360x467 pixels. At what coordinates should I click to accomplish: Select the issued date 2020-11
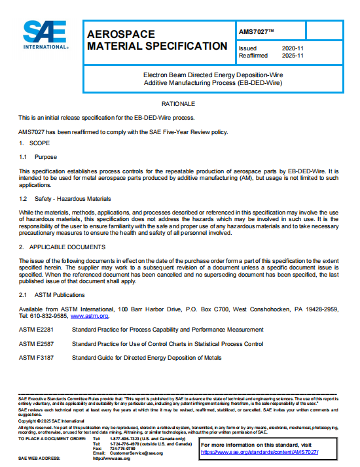[x=292, y=48]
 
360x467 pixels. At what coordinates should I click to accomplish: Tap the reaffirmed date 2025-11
[x=292, y=56]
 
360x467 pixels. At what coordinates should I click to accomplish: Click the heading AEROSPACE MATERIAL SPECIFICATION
[x=157, y=40]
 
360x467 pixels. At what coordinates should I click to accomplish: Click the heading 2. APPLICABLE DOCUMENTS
[x=62, y=247]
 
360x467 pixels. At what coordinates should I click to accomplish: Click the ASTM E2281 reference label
[x=36, y=329]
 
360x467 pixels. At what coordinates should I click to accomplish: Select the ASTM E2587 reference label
[x=36, y=343]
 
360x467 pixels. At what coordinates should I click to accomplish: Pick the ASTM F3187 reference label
[x=36, y=358]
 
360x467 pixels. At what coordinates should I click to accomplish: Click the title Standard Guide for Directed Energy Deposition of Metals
[x=147, y=358]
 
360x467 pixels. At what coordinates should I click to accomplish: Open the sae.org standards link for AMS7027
[x=259, y=452]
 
